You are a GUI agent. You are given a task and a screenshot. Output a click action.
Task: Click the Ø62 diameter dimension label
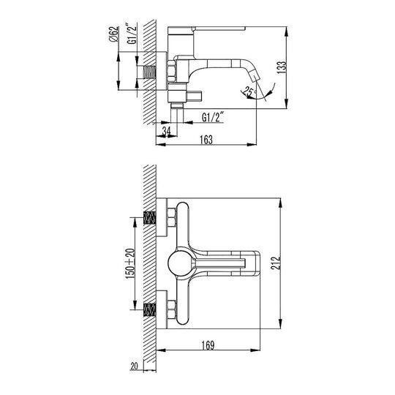(114, 34)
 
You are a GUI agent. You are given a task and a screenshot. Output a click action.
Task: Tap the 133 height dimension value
(282, 67)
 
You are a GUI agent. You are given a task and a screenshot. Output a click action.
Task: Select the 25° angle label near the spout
(249, 91)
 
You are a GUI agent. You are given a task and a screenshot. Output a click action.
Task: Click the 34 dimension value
(166, 131)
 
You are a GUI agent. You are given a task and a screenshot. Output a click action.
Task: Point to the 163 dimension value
(206, 140)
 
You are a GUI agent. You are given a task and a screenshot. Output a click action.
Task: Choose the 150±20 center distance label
(130, 263)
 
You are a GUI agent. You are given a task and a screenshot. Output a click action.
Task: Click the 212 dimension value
(276, 263)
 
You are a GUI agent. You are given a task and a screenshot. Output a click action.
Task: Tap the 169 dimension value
(208, 345)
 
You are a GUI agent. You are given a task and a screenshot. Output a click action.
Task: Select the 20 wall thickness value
(135, 366)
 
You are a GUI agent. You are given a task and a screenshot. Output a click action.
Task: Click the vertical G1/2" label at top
(132, 34)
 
